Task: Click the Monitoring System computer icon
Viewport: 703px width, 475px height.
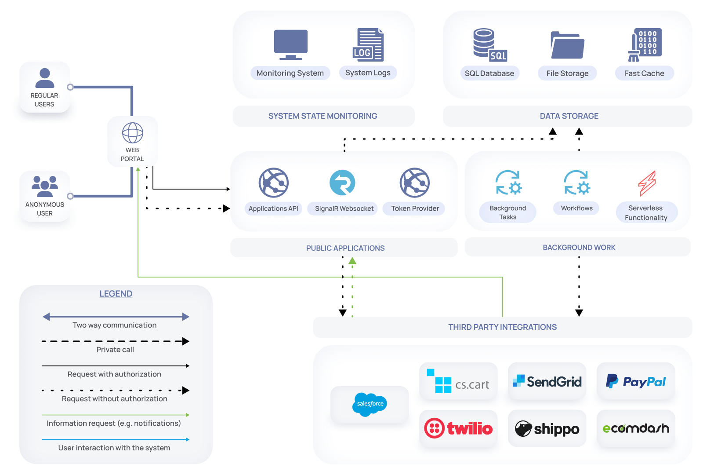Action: (x=290, y=44)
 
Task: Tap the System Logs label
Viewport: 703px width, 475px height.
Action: (x=368, y=73)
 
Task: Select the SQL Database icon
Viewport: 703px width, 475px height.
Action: (x=490, y=44)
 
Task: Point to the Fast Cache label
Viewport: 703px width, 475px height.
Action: (x=644, y=73)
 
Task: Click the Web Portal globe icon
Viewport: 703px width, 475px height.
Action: (x=132, y=132)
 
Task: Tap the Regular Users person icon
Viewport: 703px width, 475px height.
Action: (x=44, y=78)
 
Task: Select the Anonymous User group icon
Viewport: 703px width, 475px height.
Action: (x=44, y=186)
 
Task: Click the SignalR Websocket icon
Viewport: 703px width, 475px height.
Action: (x=342, y=183)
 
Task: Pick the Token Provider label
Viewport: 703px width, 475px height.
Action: (x=415, y=208)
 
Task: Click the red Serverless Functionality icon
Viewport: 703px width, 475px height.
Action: (x=647, y=183)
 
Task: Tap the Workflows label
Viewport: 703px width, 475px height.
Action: (x=576, y=208)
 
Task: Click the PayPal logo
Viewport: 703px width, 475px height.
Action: (x=635, y=381)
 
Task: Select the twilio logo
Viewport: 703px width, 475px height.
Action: (x=458, y=428)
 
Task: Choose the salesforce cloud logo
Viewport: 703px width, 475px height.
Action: (x=370, y=404)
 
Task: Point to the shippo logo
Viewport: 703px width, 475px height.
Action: (x=547, y=428)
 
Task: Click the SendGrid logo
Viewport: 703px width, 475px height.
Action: (x=547, y=381)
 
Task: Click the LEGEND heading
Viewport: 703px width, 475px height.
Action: (x=116, y=294)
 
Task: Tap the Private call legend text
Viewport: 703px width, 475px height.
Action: (x=115, y=350)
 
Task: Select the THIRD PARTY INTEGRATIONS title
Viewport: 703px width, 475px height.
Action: (x=503, y=327)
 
